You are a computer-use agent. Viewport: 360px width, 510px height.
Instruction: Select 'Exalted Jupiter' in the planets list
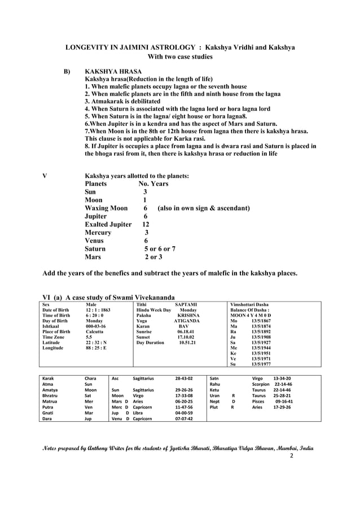[108, 224]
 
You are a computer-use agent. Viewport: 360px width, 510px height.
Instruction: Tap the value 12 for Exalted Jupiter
[146, 224]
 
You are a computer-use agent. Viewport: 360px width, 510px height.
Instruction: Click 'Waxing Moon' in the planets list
[106, 208]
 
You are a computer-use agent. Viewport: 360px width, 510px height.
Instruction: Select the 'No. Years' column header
[153, 184]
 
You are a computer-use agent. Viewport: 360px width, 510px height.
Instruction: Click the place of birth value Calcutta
[95, 332]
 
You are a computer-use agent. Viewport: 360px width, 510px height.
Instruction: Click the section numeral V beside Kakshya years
[45, 176]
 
